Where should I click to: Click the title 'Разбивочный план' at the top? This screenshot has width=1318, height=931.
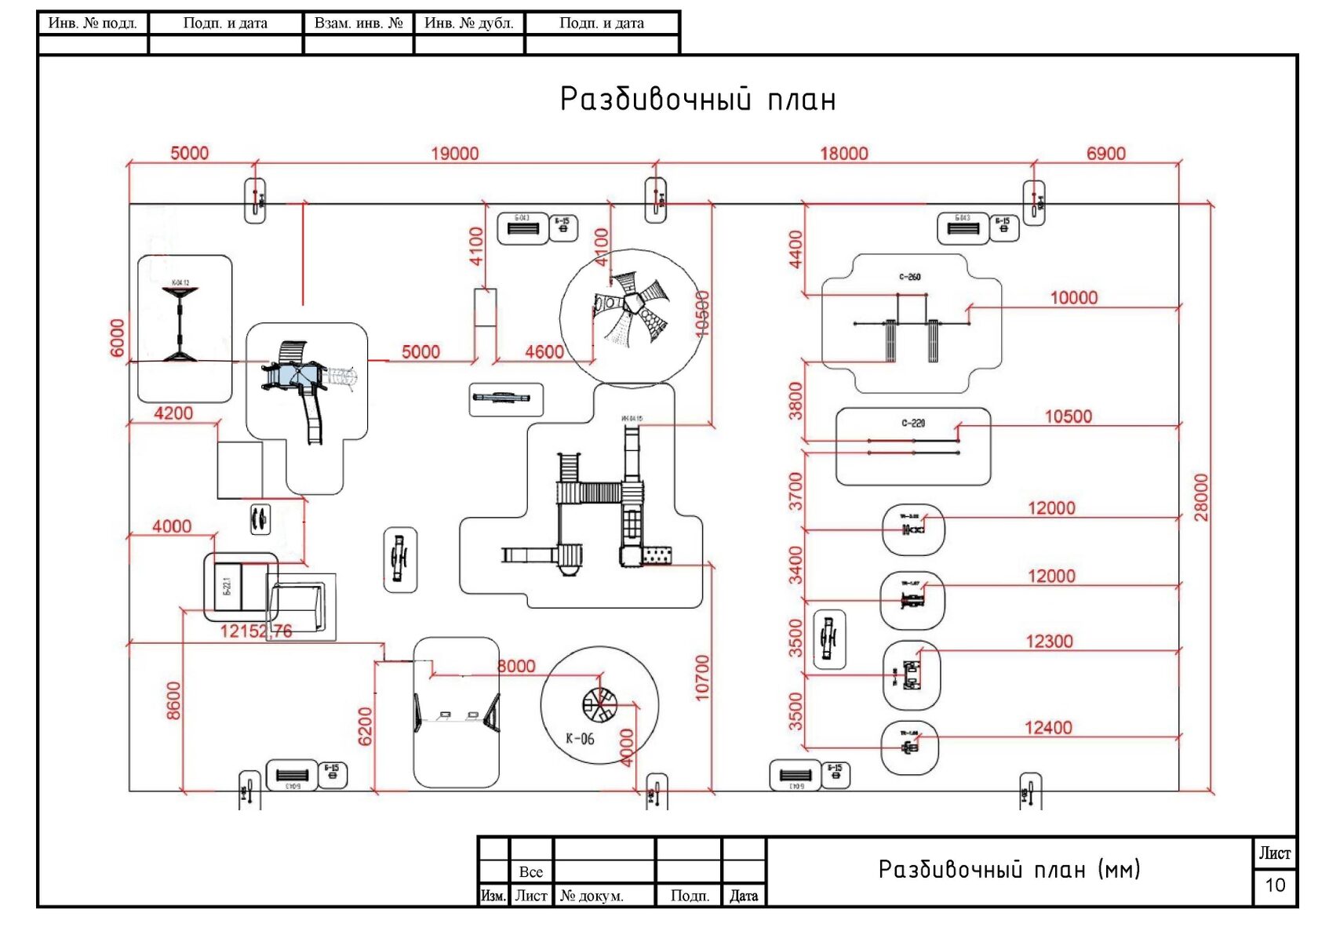tap(697, 100)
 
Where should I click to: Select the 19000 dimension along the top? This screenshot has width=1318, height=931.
tap(455, 154)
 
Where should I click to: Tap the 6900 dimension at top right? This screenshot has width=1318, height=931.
tap(1105, 154)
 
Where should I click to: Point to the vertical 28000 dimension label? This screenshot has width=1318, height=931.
tap(1201, 497)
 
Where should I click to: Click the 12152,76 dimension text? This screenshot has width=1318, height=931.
tap(256, 631)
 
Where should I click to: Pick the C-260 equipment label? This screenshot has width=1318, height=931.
tap(909, 277)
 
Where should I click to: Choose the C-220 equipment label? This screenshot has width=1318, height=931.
tap(912, 424)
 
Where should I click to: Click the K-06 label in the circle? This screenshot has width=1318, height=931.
tap(580, 739)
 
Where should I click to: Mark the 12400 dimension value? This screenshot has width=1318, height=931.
tap(1048, 728)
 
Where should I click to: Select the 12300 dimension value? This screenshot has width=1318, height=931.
tap(1049, 642)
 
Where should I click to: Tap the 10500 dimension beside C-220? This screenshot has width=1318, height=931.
tap(1068, 416)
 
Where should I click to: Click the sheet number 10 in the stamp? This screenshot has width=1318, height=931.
tap(1275, 886)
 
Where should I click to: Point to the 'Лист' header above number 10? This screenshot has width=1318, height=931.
tap(1275, 853)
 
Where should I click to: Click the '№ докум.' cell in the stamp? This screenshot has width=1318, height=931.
tap(592, 896)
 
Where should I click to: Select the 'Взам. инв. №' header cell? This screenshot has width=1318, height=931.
tap(359, 24)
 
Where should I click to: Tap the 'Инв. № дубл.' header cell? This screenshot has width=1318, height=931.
tap(469, 24)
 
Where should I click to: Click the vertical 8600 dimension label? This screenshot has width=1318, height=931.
tap(173, 700)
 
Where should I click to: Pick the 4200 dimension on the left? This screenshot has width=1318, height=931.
tap(173, 413)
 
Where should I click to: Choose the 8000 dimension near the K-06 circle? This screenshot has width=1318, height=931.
tap(516, 667)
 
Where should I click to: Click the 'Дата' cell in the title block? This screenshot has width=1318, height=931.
tap(744, 896)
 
